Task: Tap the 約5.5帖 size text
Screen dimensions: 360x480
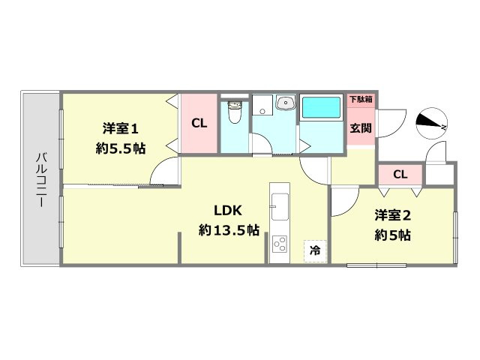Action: point(120,148)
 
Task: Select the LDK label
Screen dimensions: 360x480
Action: point(228,209)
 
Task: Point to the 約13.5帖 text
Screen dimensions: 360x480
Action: point(229,230)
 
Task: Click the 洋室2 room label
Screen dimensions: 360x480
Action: point(393,215)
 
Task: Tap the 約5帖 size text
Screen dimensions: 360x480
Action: point(393,235)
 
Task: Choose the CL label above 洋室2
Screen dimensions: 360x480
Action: point(400,175)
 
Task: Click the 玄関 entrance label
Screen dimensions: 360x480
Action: point(360,127)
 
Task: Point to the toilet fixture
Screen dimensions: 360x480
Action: point(234,112)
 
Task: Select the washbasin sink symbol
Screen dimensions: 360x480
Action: point(285,103)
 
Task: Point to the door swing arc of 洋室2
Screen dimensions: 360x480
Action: point(343,201)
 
